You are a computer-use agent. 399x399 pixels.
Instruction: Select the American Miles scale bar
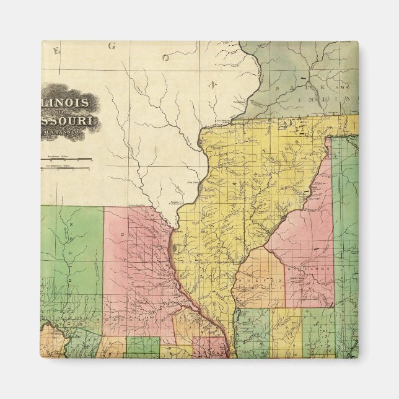[66, 159]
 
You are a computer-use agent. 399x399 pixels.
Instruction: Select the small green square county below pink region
[143, 346]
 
